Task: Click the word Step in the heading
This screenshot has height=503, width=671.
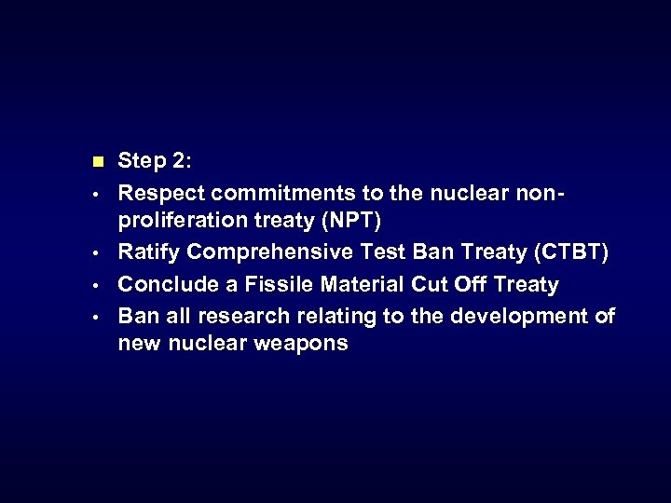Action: pos(141,162)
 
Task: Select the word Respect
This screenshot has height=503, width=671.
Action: pos(161,193)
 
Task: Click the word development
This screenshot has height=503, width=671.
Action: pos(521,316)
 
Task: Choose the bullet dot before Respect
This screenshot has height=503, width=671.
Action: pos(98,194)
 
